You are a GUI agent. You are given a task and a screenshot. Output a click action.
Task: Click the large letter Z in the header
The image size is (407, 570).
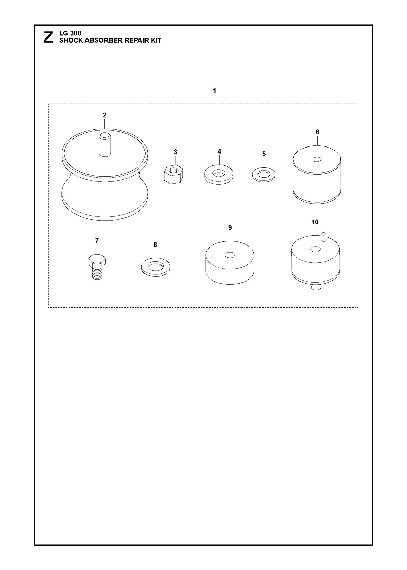[x=49, y=37]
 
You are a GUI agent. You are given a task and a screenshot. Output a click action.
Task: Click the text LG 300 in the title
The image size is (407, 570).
[x=70, y=33]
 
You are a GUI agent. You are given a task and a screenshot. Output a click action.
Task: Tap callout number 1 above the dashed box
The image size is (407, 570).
[x=215, y=91]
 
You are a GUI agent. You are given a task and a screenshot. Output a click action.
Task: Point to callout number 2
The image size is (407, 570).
[x=104, y=115]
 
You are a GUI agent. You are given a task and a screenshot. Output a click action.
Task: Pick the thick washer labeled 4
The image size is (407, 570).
[x=219, y=175]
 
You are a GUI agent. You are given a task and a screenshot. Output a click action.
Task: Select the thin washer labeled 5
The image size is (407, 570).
[x=264, y=175]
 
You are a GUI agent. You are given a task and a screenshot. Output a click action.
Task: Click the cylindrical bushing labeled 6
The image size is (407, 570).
[x=317, y=175]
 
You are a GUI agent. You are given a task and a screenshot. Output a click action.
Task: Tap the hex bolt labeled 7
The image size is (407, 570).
[x=96, y=267]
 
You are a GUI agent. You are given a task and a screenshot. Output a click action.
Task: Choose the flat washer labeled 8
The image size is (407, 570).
[x=156, y=267]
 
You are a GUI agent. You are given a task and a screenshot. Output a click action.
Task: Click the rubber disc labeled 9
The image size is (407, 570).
[x=230, y=262]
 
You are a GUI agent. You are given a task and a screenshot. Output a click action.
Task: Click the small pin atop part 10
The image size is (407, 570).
[x=323, y=237]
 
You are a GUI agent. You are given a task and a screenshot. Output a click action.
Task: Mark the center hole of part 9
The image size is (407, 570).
[x=230, y=255]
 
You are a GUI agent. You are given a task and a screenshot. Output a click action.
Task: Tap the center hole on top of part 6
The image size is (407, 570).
[x=317, y=160]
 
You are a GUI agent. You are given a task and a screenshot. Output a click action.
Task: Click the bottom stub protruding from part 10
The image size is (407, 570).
[x=316, y=288]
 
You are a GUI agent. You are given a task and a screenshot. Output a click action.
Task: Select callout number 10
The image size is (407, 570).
[x=315, y=222]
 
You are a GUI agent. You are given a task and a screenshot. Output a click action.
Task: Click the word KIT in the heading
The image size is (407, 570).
[x=156, y=40]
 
